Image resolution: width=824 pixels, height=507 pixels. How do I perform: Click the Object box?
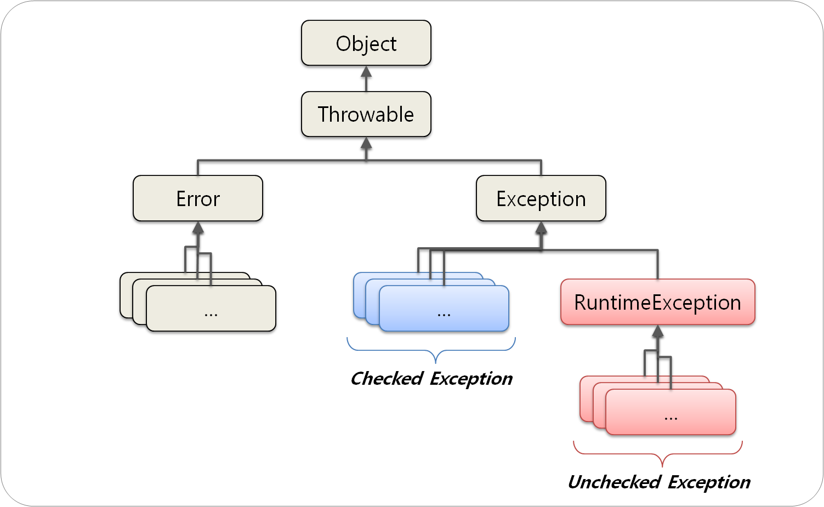pos(366,43)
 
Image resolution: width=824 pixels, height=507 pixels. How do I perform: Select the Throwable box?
pos(366,114)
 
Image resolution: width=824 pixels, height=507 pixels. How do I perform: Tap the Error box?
pos(197,198)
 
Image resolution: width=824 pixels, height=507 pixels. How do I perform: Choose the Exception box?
pos(541,198)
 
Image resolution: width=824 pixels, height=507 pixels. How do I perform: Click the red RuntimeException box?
pos(657,302)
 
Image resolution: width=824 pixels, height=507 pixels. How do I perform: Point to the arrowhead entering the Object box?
pos(366,72)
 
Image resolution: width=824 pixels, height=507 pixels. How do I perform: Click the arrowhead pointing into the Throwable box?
pos(366,143)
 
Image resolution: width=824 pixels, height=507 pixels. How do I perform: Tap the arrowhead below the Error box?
pos(198,228)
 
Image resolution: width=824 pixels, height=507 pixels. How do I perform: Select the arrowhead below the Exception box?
pos(541,228)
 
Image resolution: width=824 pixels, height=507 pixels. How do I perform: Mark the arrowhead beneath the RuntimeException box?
pos(658,332)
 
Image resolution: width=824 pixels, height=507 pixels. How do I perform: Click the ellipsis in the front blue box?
pos(444,314)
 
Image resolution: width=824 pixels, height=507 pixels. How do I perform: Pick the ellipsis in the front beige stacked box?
pos(211,314)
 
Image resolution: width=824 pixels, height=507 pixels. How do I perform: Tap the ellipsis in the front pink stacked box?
pos(670,418)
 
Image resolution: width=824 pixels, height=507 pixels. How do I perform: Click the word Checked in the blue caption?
pos(387,378)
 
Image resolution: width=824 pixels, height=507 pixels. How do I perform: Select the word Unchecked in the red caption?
pos(613,482)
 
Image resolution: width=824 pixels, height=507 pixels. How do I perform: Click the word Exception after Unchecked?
pos(709,482)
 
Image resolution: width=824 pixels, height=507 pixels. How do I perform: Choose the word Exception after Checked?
pos(471,378)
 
